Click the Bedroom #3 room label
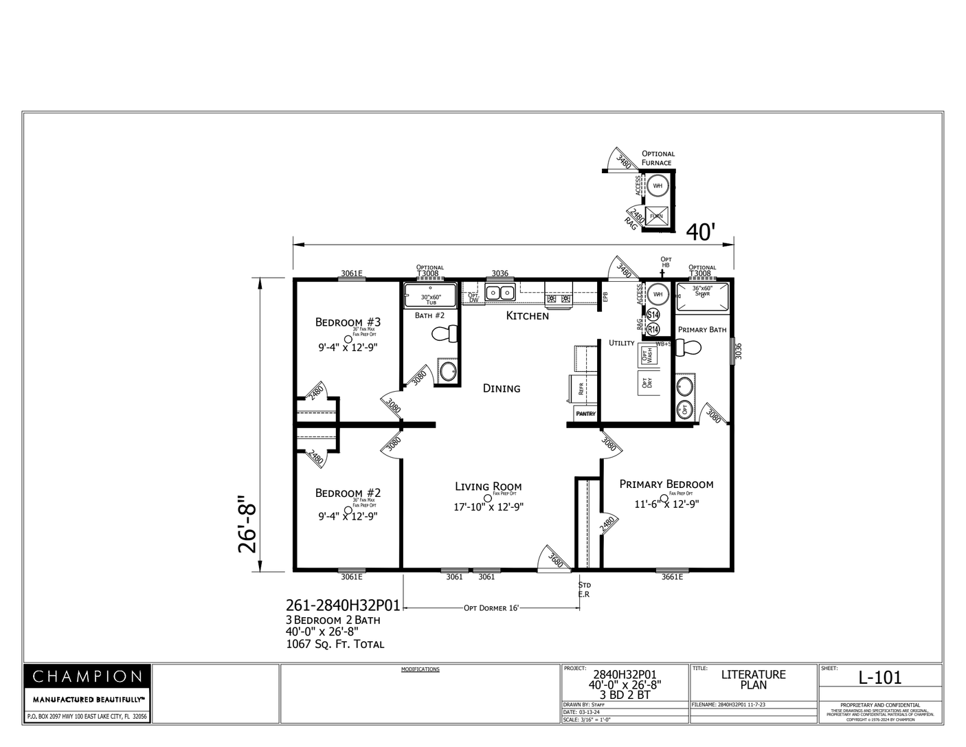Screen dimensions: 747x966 pyautogui.click(x=348, y=322)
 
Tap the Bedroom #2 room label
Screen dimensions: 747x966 pyautogui.click(x=348, y=493)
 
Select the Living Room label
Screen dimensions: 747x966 pyautogui.click(x=488, y=487)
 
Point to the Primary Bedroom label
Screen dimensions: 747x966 pyautogui.click(x=666, y=484)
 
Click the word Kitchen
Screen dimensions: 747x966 pyautogui.click(x=528, y=316)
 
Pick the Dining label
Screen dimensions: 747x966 pyautogui.click(x=502, y=388)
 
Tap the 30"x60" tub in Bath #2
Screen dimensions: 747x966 pyautogui.click(x=430, y=297)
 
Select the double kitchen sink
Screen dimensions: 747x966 pyautogui.click(x=501, y=293)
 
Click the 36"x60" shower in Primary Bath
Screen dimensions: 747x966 pyautogui.click(x=701, y=297)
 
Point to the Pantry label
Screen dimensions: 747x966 pyautogui.click(x=585, y=414)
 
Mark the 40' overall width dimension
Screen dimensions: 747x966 pyautogui.click(x=701, y=233)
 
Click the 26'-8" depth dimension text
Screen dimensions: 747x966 pyautogui.click(x=247, y=524)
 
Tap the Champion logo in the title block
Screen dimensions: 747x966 pyautogui.click(x=87, y=676)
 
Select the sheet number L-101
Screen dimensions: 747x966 pyautogui.click(x=880, y=678)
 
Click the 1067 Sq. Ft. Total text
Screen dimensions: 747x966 pyautogui.click(x=335, y=645)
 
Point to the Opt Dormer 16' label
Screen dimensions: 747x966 pyautogui.click(x=491, y=608)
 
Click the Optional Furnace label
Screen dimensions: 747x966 pyautogui.click(x=658, y=158)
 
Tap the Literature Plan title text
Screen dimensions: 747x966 pyautogui.click(x=753, y=680)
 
